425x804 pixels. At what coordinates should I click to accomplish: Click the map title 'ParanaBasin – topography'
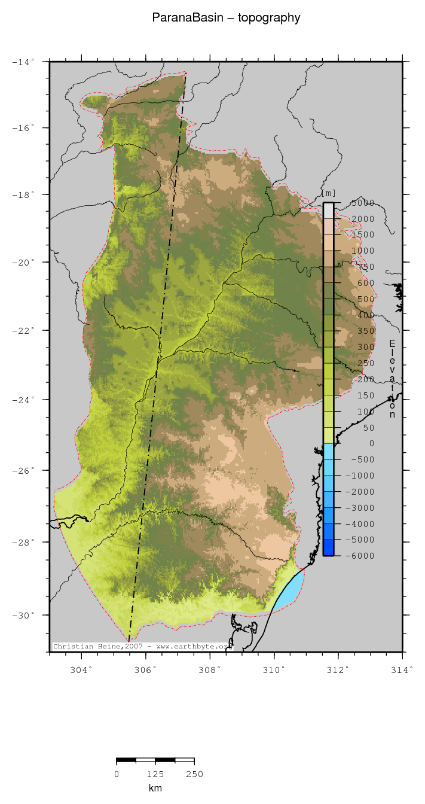click(226, 18)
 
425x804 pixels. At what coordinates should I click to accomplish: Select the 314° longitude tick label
click(402, 669)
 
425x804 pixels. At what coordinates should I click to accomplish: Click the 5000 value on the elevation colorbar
click(362, 203)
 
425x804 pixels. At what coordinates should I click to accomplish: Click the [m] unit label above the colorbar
click(328, 193)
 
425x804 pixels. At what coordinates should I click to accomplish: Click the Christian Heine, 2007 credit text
click(141, 646)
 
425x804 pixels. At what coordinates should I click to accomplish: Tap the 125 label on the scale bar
click(155, 774)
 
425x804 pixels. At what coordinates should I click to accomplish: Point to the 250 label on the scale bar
click(194, 774)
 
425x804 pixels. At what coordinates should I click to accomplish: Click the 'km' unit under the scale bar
click(155, 788)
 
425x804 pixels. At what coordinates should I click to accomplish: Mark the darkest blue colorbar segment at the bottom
click(328, 547)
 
